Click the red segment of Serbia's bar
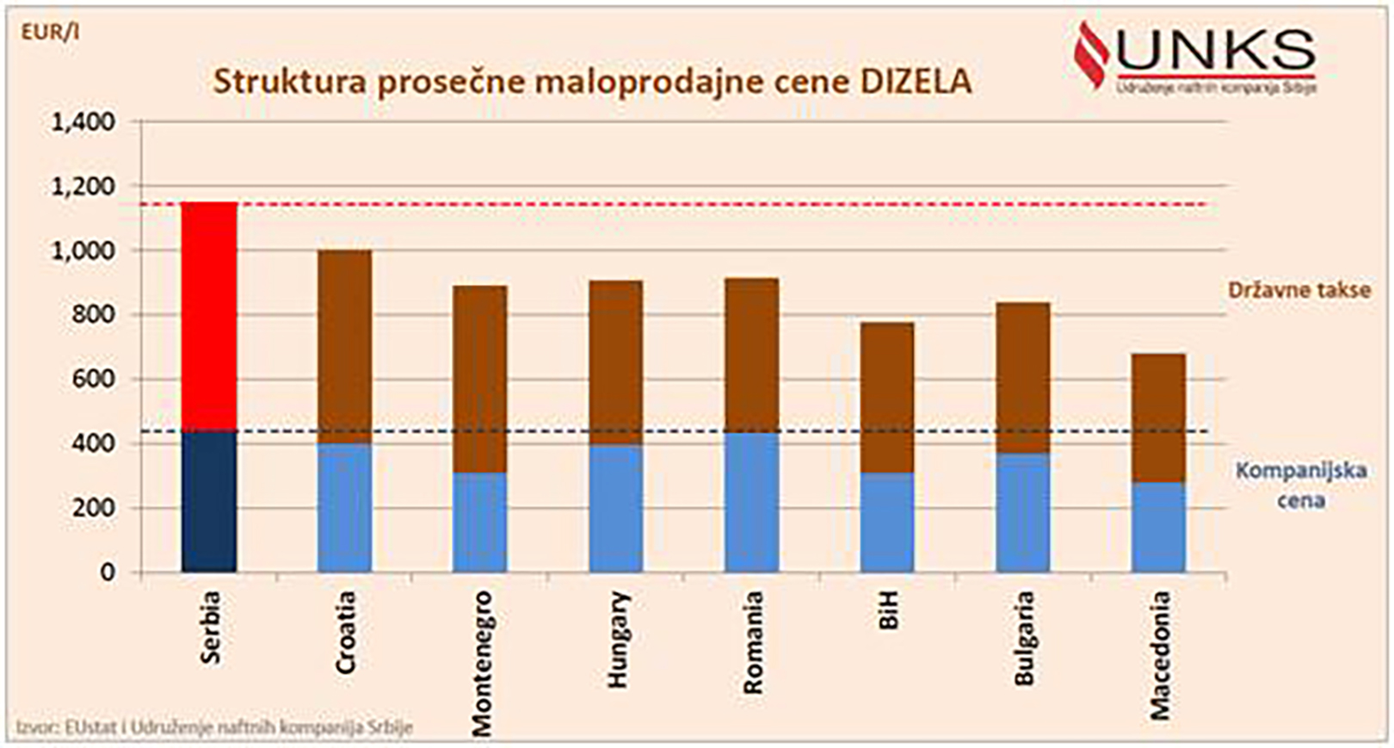point(209,316)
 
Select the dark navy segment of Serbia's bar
point(209,501)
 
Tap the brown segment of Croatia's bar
point(344,346)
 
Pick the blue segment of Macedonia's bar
point(1158,527)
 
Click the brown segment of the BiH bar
point(887,398)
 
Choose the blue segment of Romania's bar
point(751,501)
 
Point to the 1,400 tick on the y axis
point(83,122)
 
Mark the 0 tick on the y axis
point(107,572)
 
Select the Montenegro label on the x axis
point(482,663)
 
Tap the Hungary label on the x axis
point(618,639)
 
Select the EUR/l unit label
point(50,33)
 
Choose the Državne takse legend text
point(1298,290)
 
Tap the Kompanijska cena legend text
point(1300,485)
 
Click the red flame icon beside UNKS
point(1091,53)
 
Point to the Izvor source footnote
point(214,727)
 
